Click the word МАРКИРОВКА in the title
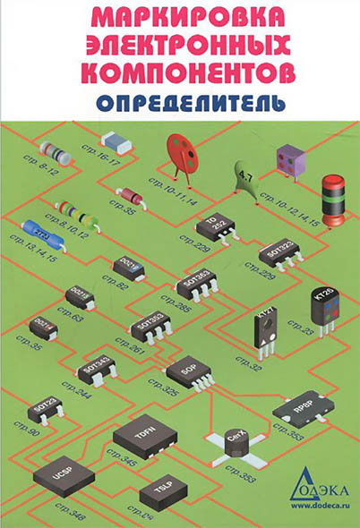(x=180, y=17)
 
